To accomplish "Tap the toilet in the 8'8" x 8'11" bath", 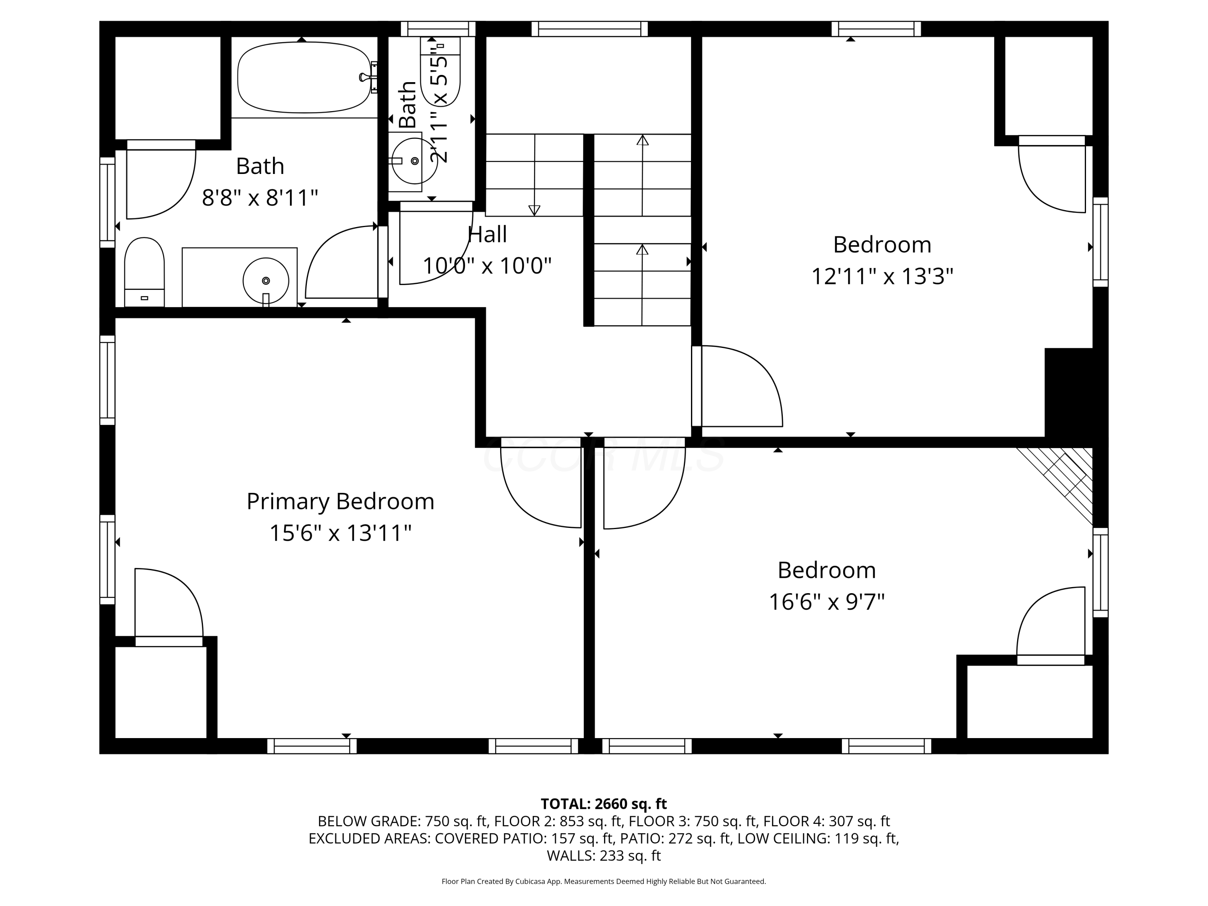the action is [144, 272].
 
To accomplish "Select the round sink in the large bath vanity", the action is [266, 281].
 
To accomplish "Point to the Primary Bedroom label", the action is [340, 501].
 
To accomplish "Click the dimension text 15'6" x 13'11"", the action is [340, 533].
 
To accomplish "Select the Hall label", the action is [487, 234].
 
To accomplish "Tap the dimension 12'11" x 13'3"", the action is [882, 276].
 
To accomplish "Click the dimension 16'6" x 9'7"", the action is [827, 602].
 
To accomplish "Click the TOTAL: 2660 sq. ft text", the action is [604, 804].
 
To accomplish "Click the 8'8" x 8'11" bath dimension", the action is [260, 197].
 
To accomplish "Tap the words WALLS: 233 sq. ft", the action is [604, 856].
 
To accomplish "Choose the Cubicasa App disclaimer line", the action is [604, 881].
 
